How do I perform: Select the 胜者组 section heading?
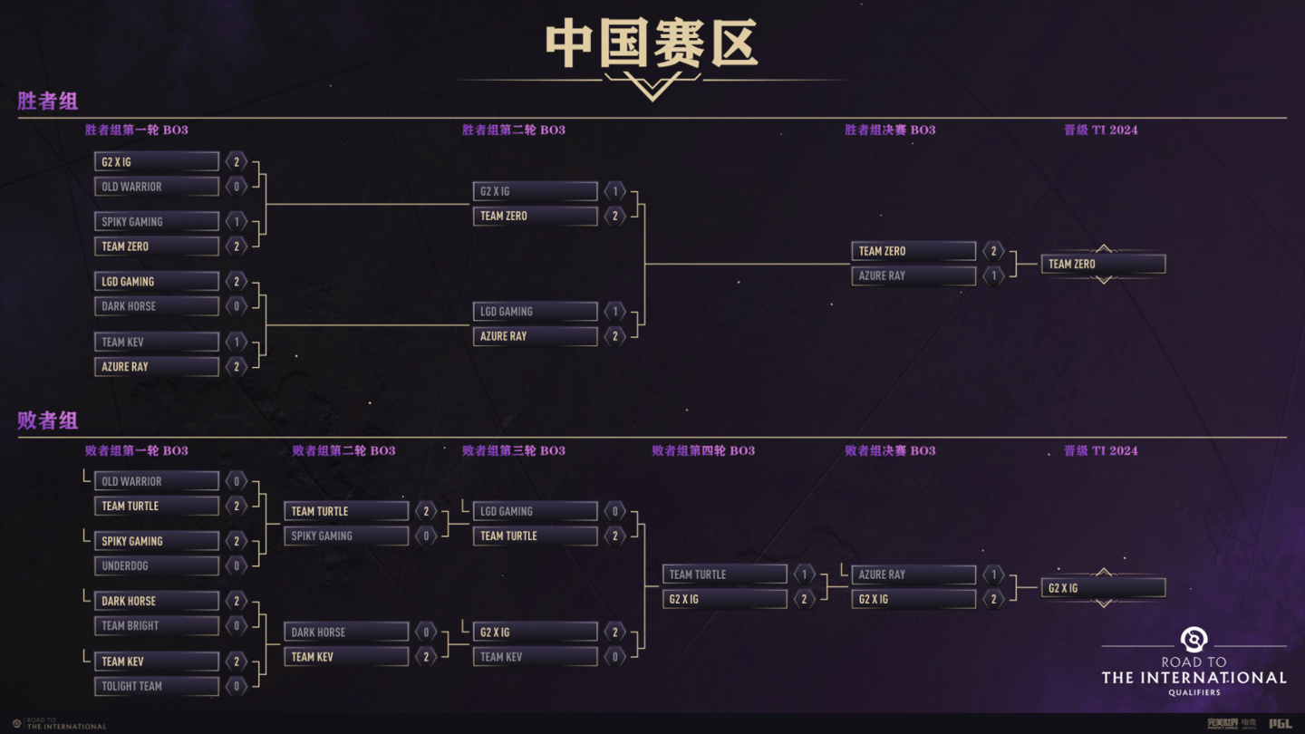click(48, 101)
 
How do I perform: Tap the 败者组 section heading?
click(48, 420)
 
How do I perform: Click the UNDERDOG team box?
click(157, 565)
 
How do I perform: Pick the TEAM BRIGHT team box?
click(157, 625)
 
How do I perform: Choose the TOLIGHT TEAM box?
click(157, 686)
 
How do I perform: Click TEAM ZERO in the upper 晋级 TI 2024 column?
click(1103, 264)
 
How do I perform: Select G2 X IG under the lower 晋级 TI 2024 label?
click(1103, 588)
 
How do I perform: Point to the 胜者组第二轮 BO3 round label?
click(514, 130)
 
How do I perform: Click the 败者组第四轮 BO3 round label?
click(703, 450)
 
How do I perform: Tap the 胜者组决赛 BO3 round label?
click(890, 130)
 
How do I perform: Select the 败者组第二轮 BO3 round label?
click(343, 450)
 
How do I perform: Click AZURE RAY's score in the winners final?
click(993, 275)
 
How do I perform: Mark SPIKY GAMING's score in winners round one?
click(237, 221)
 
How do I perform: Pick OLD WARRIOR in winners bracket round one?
click(157, 187)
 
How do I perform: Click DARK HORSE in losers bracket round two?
click(346, 632)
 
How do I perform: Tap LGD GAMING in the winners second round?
click(536, 312)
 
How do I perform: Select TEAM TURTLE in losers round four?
click(725, 575)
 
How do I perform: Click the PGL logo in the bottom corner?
click(1280, 724)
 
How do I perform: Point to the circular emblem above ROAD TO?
click(1194, 640)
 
